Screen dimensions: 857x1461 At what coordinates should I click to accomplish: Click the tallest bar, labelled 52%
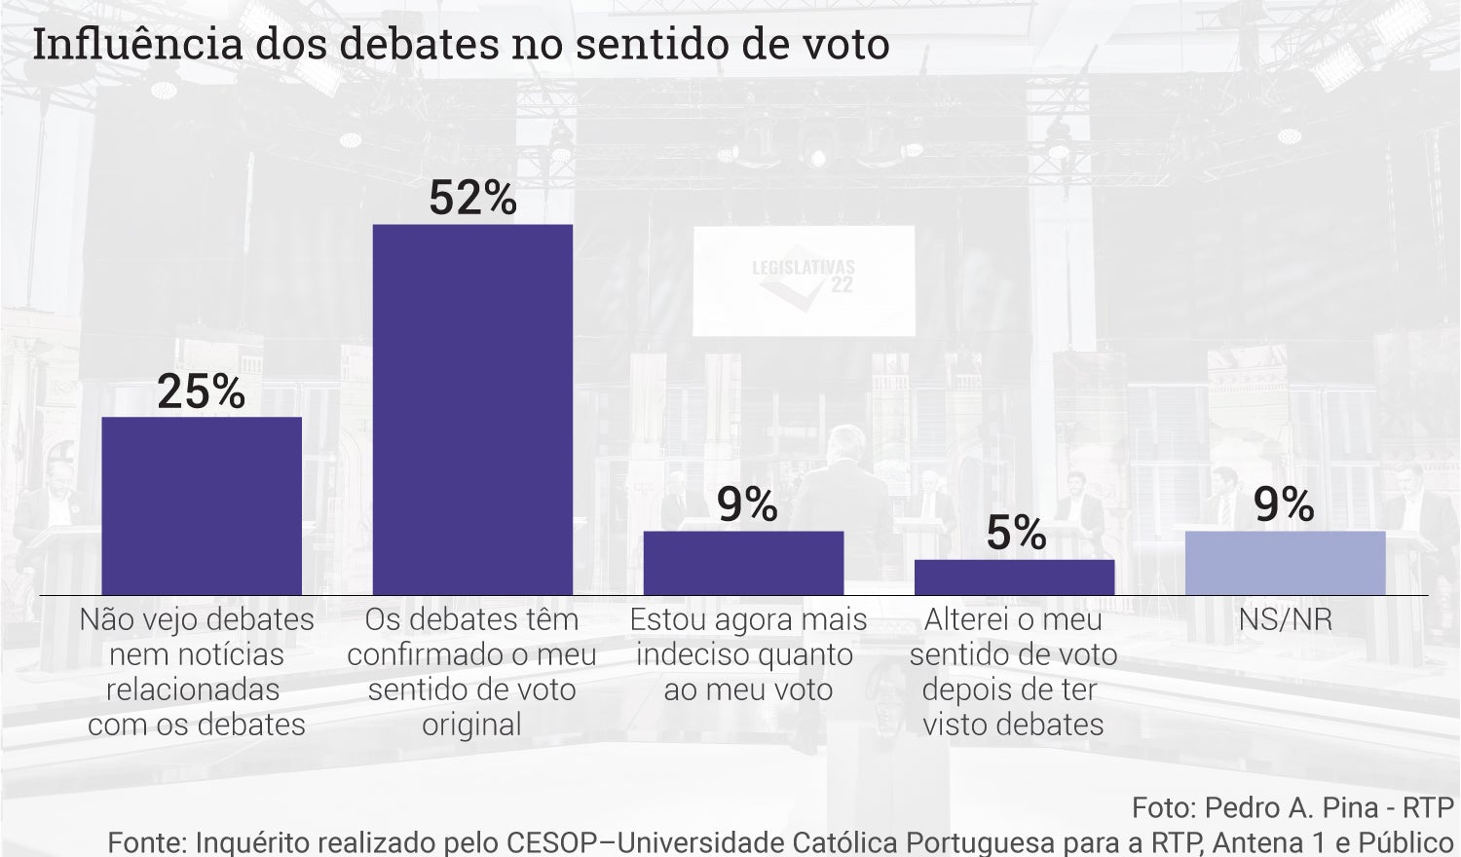coord(472,409)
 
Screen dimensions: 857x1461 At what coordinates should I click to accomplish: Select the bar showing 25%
coord(202,505)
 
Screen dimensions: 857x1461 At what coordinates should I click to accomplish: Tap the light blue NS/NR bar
coord(1285,563)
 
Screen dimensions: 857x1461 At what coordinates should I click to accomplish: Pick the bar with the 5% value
coord(1014,578)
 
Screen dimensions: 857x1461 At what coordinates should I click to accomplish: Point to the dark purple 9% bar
coord(743,563)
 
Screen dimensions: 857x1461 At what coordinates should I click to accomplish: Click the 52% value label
coord(472,198)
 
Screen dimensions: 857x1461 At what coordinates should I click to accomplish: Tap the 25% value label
coord(202,391)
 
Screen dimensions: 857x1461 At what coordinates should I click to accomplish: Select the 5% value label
coord(1016,533)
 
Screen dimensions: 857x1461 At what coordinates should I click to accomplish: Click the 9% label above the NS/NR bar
coord(1284,504)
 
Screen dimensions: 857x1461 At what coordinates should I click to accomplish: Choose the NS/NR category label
coord(1285,620)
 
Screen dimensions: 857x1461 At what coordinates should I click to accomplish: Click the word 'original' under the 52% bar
coord(472,726)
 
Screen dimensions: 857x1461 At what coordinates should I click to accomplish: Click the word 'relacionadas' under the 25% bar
coord(193,690)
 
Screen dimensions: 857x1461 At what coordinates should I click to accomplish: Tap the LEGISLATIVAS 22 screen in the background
coord(804,280)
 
